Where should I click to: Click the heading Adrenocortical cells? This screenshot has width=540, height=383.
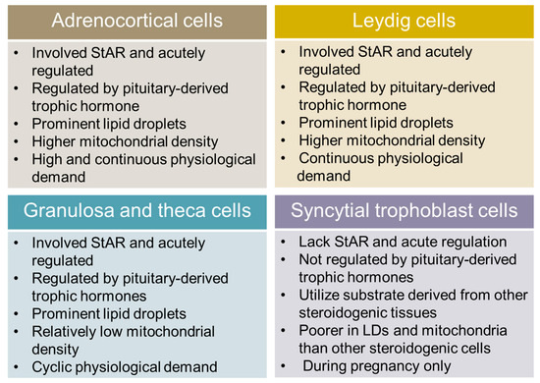132,21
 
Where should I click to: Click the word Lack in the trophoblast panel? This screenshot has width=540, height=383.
315,242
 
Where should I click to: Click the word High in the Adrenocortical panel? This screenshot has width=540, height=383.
49,160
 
